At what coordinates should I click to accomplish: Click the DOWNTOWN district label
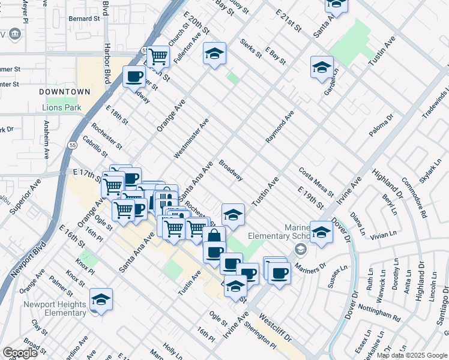coord(65,92)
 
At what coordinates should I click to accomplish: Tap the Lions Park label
coord(61,108)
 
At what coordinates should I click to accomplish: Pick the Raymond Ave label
coord(280,126)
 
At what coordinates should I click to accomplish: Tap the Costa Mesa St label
coord(316,182)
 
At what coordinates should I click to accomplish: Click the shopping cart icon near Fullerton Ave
coord(158,57)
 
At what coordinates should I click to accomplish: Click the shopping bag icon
coord(214,237)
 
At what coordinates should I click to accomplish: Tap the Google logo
coord(20,352)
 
